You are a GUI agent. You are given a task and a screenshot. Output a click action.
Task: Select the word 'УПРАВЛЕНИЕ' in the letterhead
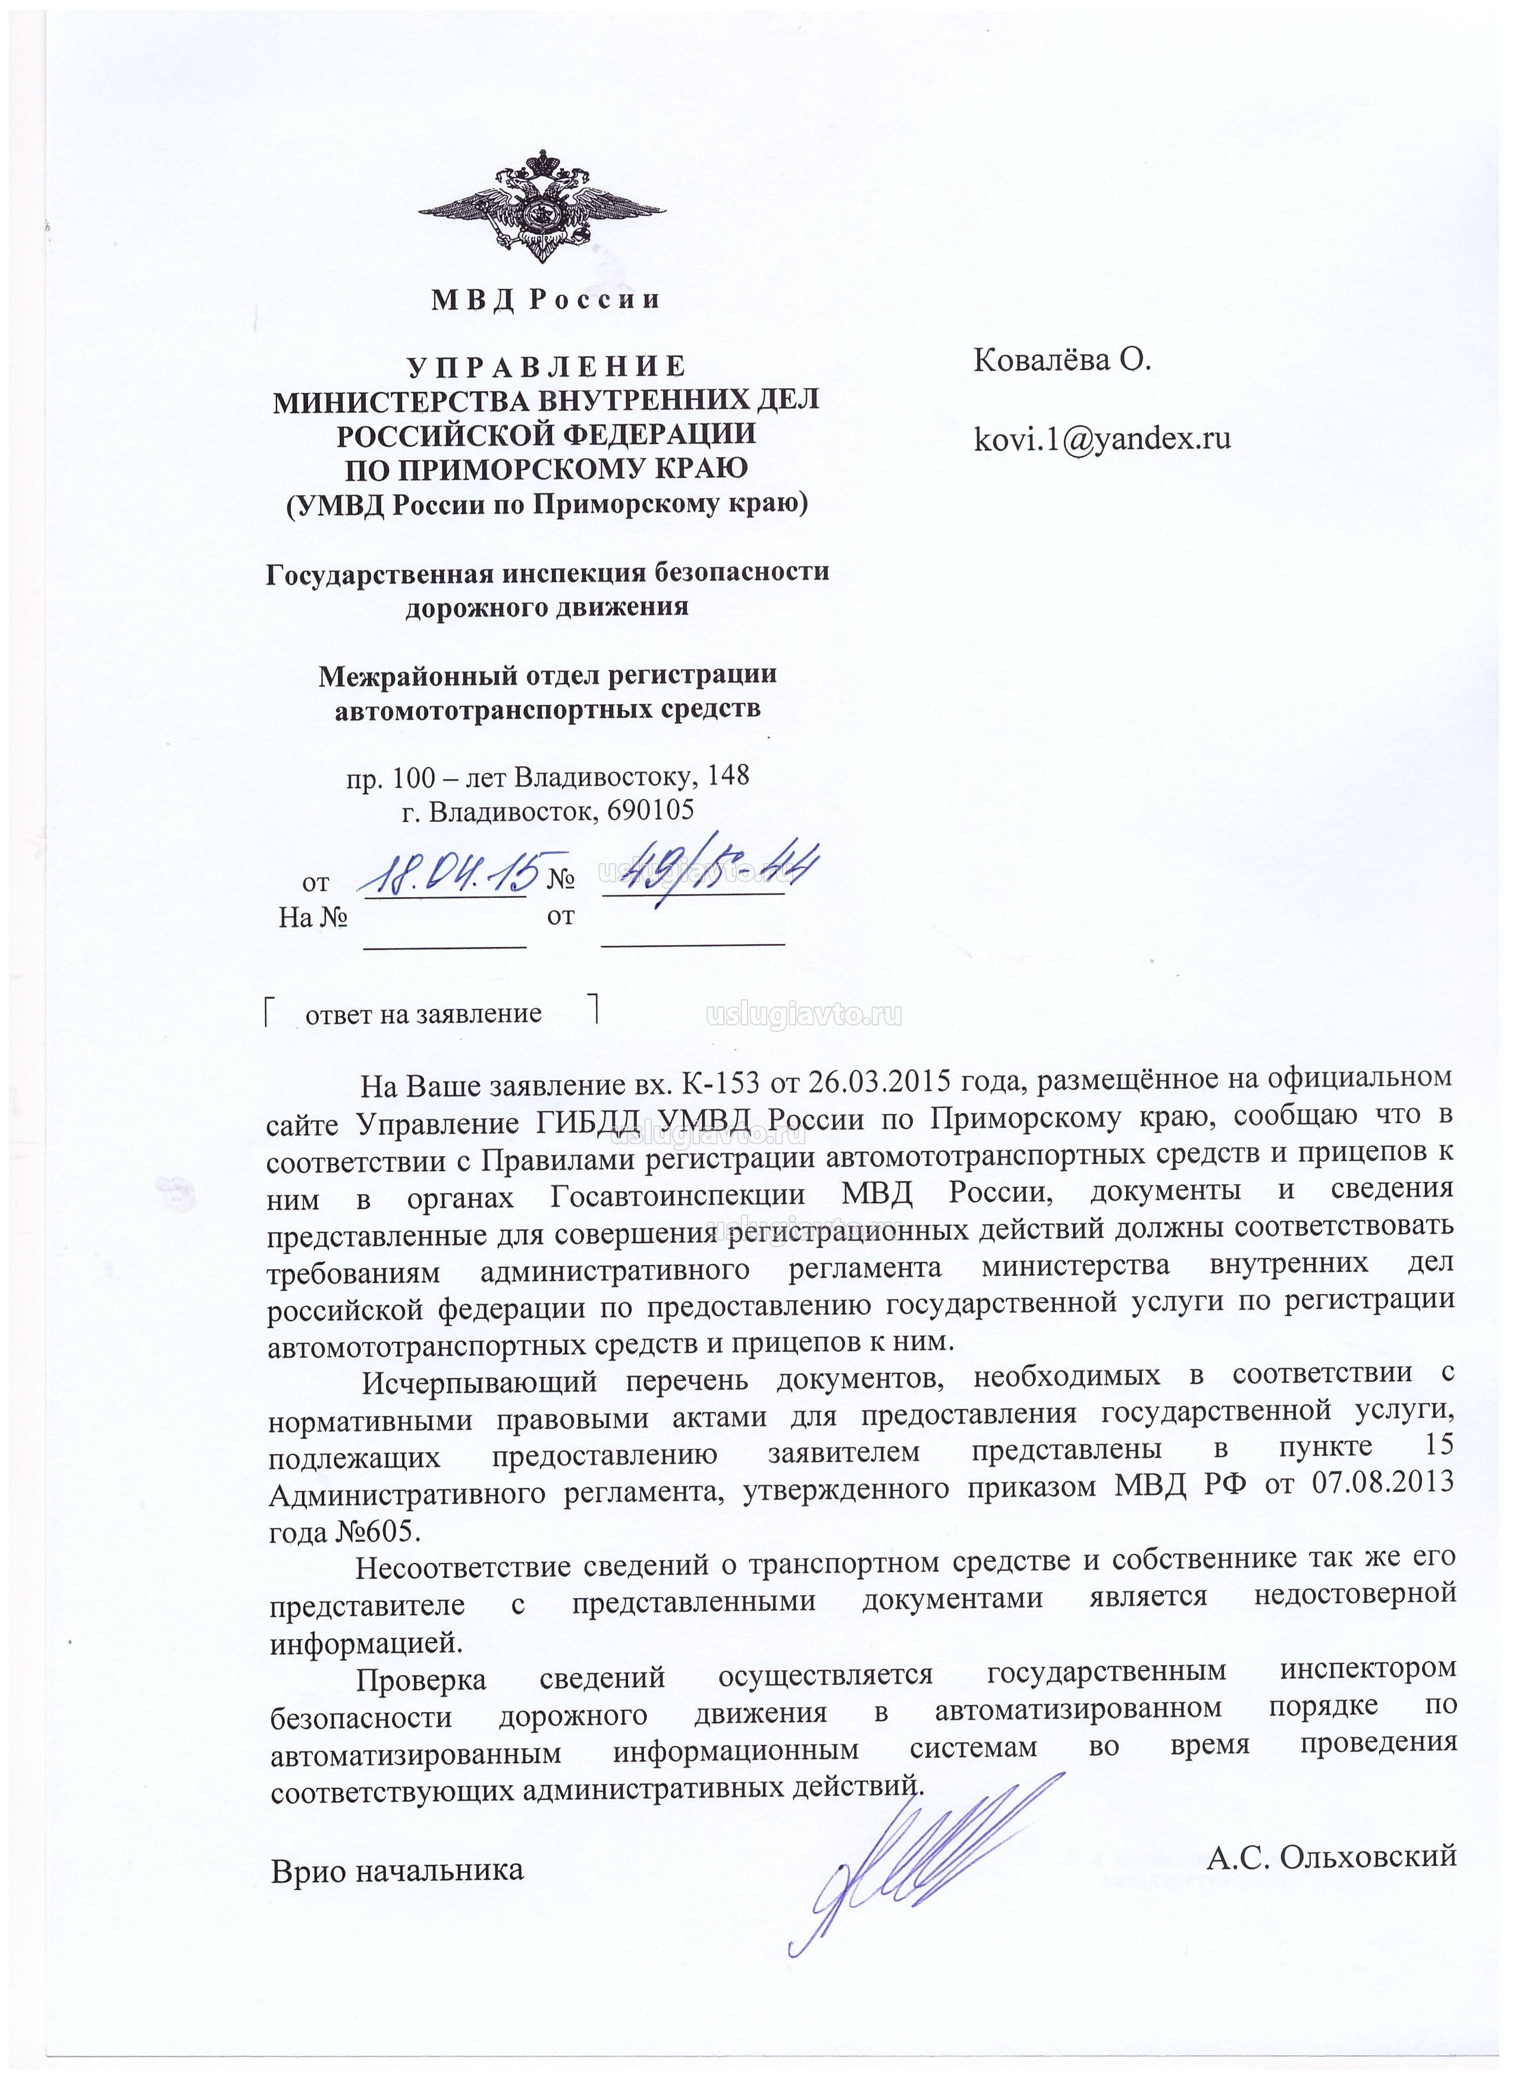(547, 366)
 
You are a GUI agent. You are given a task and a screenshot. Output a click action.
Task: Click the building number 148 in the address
(729, 776)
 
